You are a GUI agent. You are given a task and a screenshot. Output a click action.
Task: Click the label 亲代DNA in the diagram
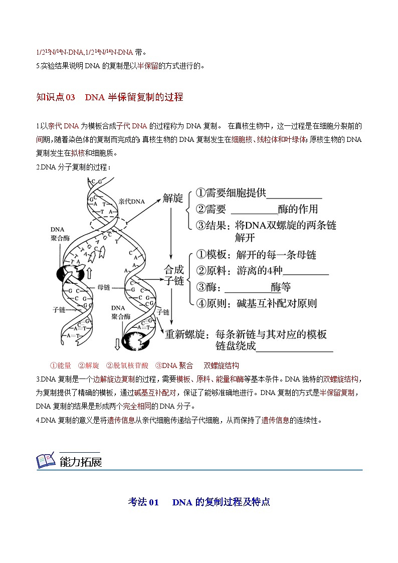click(x=131, y=201)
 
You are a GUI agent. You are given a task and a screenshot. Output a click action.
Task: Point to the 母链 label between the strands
click(x=104, y=287)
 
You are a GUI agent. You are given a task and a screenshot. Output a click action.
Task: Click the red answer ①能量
click(x=61, y=365)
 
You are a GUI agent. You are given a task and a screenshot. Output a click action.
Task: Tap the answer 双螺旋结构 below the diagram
click(x=221, y=365)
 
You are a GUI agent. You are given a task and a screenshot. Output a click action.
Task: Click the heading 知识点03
click(x=56, y=97)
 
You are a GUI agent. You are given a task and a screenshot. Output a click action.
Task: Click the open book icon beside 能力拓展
click(x=46, y=461)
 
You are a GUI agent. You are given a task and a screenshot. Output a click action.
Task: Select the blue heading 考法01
click(x=143, y=502)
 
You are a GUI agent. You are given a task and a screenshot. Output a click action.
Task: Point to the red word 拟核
click(x=78, y=153)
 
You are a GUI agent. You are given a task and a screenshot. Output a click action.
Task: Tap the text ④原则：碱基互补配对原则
click(x=256, y=303)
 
